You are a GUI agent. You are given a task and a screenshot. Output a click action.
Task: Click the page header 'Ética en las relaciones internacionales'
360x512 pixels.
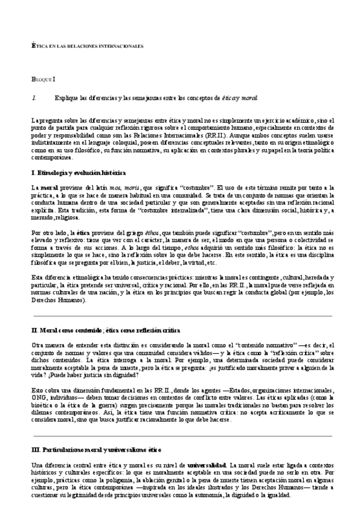(87, 46)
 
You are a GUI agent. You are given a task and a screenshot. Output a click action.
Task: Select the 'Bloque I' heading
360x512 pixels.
(43, 79)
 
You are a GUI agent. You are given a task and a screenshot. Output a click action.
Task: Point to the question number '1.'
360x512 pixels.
(34, 97)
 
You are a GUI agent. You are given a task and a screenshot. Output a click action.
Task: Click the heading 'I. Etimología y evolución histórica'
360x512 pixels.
(78, 172)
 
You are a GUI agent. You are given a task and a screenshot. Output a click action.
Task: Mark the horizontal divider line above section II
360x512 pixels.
(181, 316)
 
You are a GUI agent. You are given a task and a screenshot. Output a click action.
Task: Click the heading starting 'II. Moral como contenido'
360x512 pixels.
(105, 331)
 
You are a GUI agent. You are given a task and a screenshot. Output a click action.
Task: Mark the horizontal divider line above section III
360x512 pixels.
(181, 435)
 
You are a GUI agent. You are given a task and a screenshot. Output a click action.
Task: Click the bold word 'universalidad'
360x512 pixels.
(207, 465)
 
